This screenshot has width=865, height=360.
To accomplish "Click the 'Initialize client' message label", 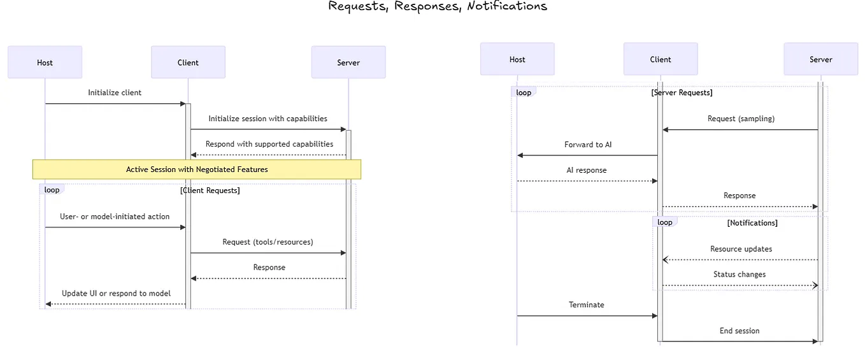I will (x=115, y=92).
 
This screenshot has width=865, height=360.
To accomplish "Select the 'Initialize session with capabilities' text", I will (x=268, y=119).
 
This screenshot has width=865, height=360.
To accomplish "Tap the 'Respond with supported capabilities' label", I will (x=269, y=144).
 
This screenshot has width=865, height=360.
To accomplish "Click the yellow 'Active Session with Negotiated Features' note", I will (x=197, y=169).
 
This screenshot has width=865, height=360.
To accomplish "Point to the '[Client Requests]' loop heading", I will (x=210, y=190).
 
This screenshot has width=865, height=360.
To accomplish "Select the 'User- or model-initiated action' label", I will (x=115, y=217).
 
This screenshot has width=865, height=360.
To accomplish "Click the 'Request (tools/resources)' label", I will (x=268, y=242).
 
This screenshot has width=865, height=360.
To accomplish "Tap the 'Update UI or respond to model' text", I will (x=116, y=293).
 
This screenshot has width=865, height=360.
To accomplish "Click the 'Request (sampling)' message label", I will (x=741, y=119).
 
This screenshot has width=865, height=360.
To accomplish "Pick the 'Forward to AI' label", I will (x=588, y=145).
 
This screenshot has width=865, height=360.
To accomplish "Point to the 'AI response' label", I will (x=587, y=170).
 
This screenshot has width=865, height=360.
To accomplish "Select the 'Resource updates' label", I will (x=741, y=249).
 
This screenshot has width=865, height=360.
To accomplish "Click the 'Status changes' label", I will (x=740, y=275).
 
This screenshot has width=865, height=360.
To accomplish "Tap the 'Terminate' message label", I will (x=587, y=305).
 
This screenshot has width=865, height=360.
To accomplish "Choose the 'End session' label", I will (x=740, y=331).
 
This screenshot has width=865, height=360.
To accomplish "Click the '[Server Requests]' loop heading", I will (x=682, y=92).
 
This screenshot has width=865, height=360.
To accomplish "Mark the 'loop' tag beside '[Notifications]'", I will (x=664, y=222).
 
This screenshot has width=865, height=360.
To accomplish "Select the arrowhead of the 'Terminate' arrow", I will (x=654, y=316).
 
